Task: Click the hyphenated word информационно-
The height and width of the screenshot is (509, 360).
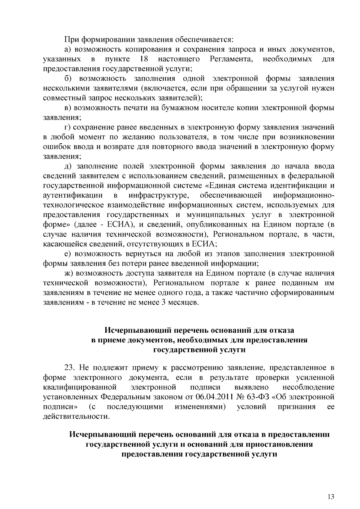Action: point(304,195)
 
